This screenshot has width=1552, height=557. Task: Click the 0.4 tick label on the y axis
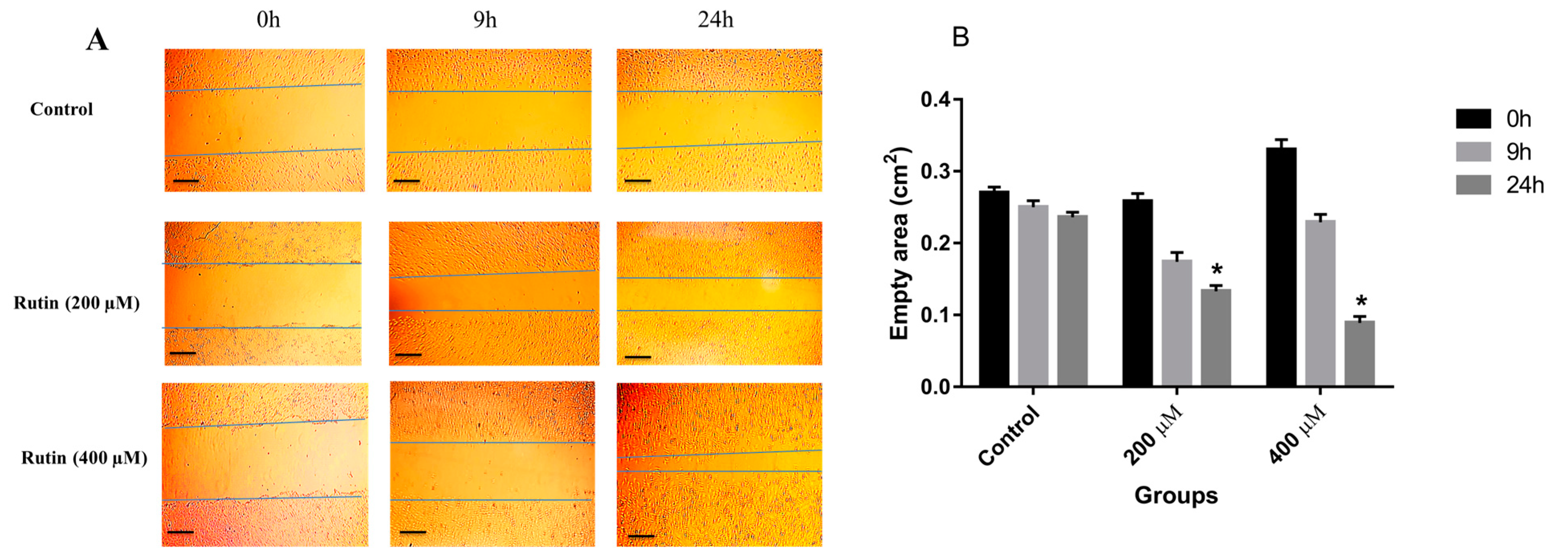(935, 100)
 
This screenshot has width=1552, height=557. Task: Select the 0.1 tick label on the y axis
(935, 315)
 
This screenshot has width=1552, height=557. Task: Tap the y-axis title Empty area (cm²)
(899, 244)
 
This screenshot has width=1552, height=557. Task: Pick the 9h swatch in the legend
(1473, 152)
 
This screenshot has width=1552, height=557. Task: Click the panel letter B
(960, 37)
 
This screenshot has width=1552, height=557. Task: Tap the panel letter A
(97, 41)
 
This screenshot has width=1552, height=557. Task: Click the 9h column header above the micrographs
(484, 20)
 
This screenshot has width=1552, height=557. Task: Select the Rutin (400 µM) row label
(84, 458)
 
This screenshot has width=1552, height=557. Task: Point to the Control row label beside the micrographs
(61, 109)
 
